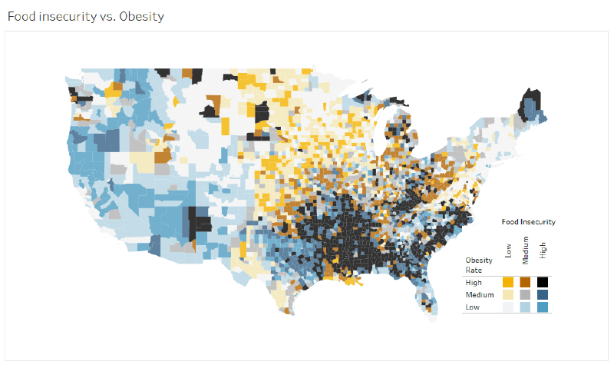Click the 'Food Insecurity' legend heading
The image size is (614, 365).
point(528,222)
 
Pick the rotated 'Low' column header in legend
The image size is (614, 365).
point(508,251)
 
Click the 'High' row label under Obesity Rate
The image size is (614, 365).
point(474,283)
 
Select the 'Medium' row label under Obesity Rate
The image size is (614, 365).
point(478,295)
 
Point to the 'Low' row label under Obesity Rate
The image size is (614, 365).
point(473,307)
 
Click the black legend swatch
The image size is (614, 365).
point(543,283)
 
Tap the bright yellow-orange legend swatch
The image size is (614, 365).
point(508,283)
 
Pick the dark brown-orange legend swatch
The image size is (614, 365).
point(526,283)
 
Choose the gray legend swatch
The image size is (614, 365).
point(526,295)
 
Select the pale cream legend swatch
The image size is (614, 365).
point(508,295)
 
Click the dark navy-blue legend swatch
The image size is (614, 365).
point(543,295)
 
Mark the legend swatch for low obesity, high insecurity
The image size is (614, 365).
point(543,307)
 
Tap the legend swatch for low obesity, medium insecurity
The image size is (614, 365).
point(526,307)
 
